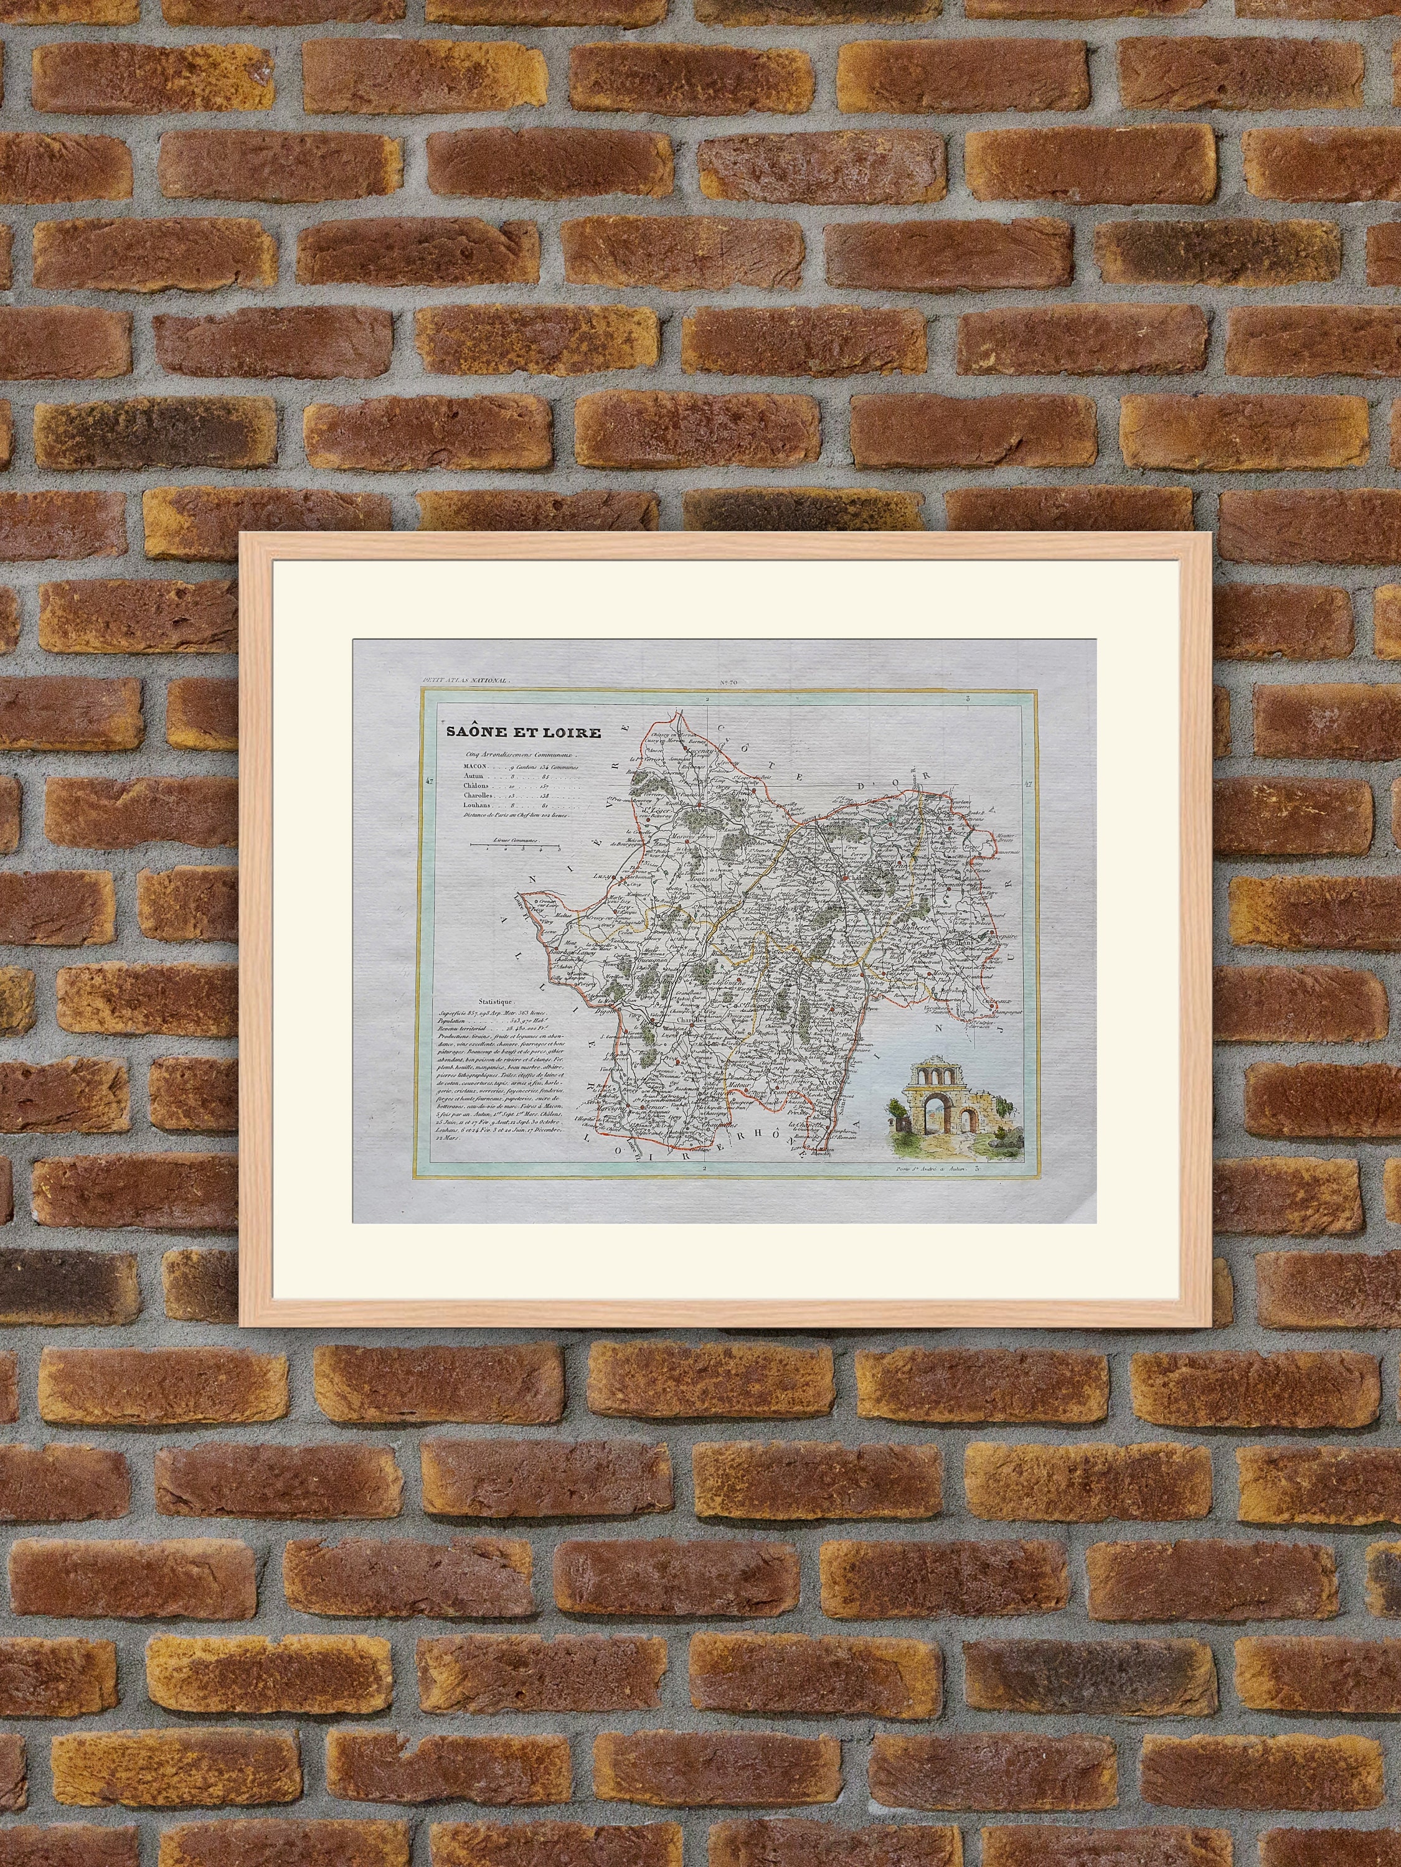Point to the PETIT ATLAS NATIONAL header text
pos(461,680)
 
